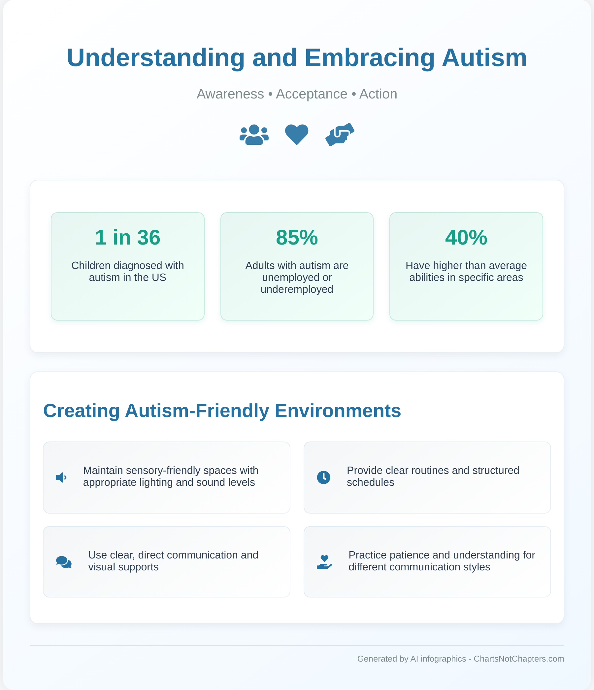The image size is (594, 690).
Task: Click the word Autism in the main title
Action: point(484,58)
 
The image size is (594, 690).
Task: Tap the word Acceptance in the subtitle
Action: point(312,94)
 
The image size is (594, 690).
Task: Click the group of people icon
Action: point(254,134)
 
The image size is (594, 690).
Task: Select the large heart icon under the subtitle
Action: point(297,134)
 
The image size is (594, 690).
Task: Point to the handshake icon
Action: point(340,134)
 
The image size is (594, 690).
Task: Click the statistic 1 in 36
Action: point(128,238)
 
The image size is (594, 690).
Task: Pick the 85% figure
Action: point(297,238)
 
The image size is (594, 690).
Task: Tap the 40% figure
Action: point(466,238)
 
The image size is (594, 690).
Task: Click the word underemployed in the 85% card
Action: point(297,289)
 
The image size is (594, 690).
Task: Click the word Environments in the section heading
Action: point(338,411)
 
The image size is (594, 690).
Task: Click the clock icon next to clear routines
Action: point(324,478)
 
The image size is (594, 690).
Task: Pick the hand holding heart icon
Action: point(324,562)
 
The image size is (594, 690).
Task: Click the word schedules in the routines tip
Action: point(371,482)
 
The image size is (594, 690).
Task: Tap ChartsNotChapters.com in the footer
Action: point(519,659)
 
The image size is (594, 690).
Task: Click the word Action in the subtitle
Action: point(378,94)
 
